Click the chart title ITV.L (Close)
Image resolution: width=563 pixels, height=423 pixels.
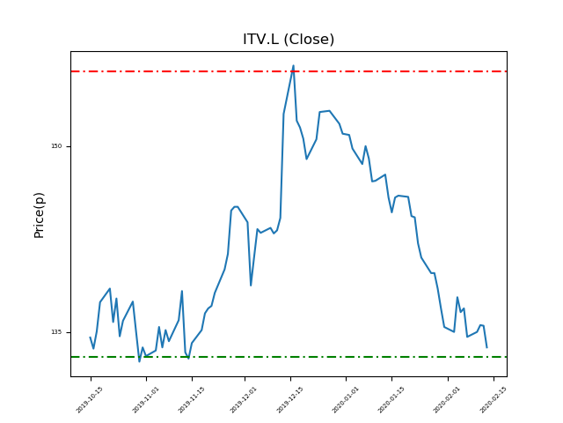click(x=289, y=40)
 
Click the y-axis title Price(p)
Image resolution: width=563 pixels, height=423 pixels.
click(x=39, y=214)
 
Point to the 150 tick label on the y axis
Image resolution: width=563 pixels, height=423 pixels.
click(x=56, y=146)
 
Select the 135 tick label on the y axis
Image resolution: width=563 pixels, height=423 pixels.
click(x=56, y=332)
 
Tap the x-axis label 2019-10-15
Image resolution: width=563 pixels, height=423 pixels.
click(x=90, y=399)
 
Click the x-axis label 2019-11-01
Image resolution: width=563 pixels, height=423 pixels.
click(x=146, y=399)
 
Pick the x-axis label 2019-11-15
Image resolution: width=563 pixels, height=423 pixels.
click(x=192, y=399)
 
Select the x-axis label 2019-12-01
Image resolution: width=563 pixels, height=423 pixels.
click(x=245, y=399)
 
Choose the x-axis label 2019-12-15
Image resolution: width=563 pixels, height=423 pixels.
click(x=290, y=399)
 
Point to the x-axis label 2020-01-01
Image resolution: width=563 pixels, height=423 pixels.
click(x=346, y=399)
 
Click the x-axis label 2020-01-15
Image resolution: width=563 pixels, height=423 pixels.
click(x=391, y=399)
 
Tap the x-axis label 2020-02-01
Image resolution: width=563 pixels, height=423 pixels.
click(x=447, y=399)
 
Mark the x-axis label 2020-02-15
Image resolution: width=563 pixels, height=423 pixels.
click(x=493, y=399)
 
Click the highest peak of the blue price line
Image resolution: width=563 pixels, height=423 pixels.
click(x=294, y=65)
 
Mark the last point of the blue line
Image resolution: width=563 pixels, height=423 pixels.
click(x=486, y=347)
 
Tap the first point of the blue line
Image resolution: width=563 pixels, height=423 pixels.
click(x=90, y=338)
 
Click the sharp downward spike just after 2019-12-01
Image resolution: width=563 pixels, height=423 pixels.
click(x=251, y=285)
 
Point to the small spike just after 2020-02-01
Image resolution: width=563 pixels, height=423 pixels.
click(x=457, y=297)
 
